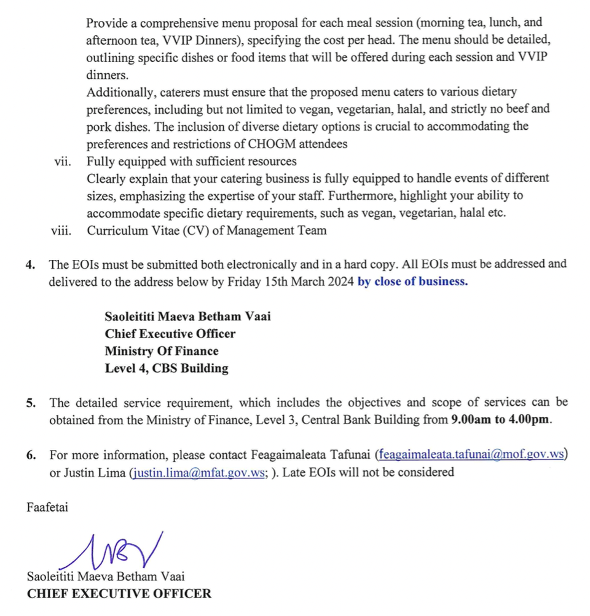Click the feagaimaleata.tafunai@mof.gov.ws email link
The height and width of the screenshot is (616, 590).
471,455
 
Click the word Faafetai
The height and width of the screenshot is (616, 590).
47,507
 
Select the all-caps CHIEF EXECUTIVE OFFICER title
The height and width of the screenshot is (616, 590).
119,594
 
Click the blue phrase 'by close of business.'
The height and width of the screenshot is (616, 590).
412,282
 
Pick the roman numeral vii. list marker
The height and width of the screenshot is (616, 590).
63,162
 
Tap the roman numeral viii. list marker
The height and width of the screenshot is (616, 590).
61,231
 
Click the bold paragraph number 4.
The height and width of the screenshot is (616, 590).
30,265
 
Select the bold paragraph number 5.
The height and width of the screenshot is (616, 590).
30,403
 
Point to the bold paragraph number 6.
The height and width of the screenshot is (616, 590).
30,456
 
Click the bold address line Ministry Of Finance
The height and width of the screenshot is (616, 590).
161,351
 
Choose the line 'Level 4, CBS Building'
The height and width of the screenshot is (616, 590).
166,368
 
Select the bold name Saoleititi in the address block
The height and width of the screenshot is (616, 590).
131,317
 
